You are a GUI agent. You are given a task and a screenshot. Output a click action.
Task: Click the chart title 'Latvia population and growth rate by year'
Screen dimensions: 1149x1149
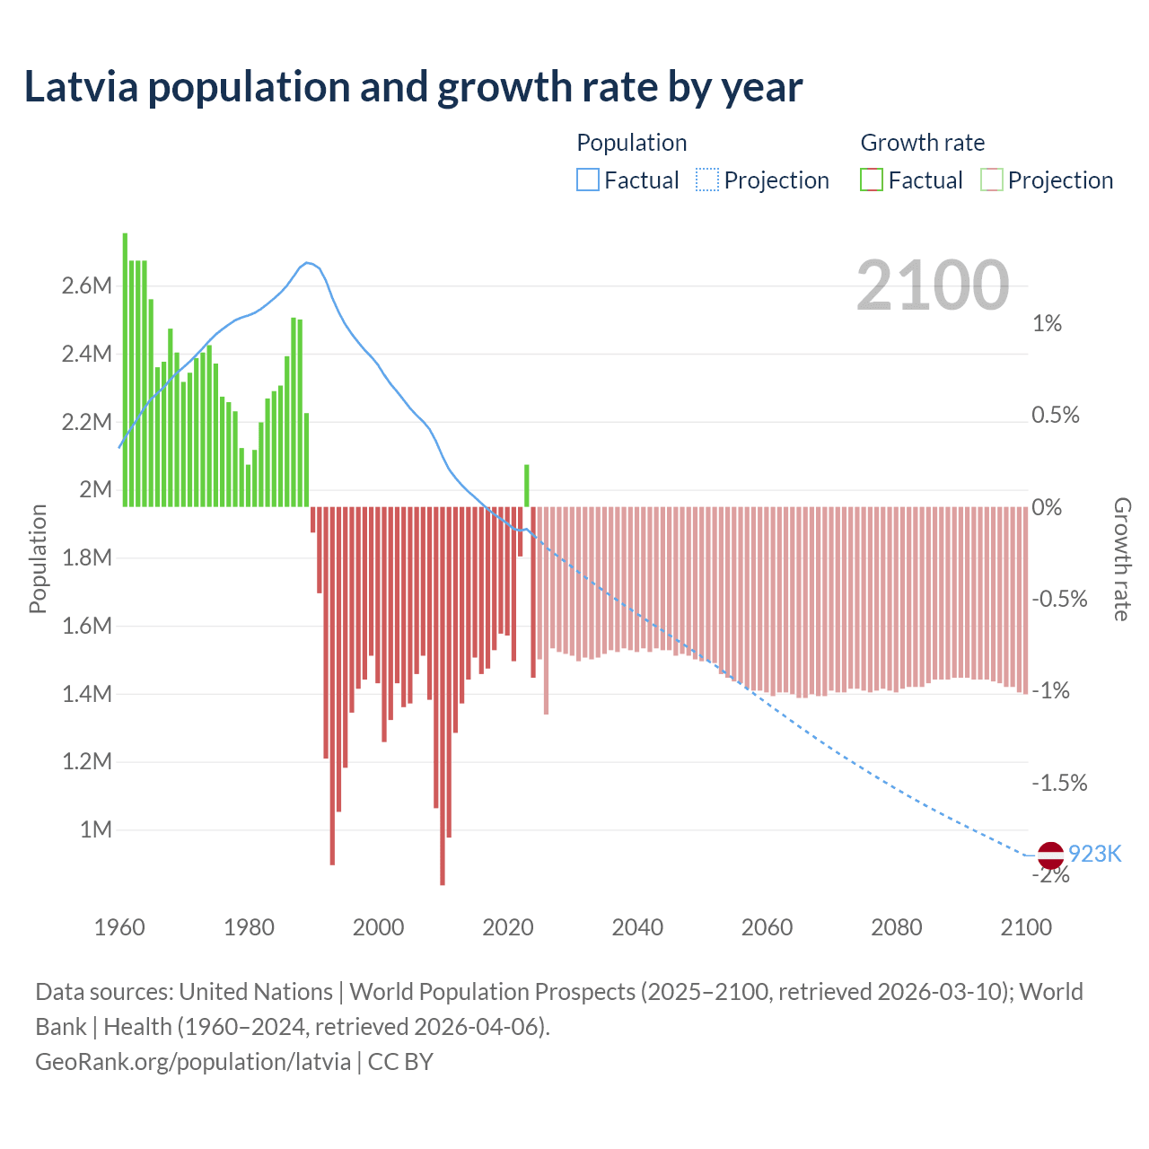tap(413, 87)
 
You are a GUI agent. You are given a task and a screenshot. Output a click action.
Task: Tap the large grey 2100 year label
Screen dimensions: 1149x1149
tap(933, 285)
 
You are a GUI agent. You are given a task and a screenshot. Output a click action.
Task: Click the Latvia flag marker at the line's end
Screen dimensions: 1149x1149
tap(1050, 855)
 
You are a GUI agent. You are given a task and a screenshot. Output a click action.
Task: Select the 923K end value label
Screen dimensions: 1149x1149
tap(1095, 854)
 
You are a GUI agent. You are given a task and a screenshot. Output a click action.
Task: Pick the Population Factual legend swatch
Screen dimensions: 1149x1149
tap(587, 180)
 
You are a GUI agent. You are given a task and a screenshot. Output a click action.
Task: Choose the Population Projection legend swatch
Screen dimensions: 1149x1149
tap(707, 180)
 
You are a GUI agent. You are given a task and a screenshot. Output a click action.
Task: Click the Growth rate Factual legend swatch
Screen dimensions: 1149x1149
tap(872, 180)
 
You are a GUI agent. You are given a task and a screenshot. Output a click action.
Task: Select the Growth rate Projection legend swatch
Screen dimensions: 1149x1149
tap(992, 180)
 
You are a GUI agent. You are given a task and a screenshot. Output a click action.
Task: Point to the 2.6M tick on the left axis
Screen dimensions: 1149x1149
tap(87, 286)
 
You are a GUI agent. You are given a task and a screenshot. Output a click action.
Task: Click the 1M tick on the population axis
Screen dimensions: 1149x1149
tap(96, 829)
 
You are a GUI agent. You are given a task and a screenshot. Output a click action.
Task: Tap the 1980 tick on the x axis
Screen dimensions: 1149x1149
tap(249, 927)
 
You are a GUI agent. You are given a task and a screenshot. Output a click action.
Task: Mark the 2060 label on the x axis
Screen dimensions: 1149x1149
tap(767, 927)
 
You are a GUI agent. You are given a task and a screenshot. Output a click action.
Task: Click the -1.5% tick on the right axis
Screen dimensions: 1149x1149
tap(1059, 784)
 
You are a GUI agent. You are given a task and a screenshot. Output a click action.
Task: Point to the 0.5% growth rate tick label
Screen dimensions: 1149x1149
tap(1056, 416)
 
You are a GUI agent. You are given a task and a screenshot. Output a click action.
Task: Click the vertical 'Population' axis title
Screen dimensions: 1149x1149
tap(38, 558)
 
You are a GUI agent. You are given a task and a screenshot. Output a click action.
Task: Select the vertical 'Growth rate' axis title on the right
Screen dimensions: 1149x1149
tap(1122, 558)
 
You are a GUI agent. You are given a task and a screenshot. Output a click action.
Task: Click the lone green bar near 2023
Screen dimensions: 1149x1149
tap(527, 486)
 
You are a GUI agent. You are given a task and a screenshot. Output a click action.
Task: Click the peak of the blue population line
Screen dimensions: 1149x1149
tap(307, 263)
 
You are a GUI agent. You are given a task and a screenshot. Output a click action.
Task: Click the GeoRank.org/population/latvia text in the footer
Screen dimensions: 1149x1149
tap(193, 1062)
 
